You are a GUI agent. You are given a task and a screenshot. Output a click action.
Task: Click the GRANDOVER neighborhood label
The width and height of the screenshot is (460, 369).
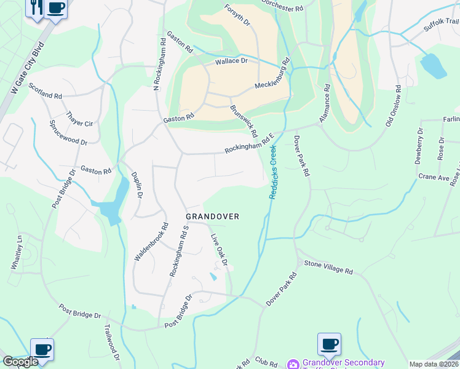click(212, 216)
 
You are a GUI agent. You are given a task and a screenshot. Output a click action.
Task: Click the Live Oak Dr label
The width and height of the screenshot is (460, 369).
click(220, 249)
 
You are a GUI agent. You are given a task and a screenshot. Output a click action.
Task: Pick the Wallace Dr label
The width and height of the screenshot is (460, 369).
click(231, 61)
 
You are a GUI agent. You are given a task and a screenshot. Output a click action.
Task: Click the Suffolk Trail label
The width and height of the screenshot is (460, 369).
click(441, 25)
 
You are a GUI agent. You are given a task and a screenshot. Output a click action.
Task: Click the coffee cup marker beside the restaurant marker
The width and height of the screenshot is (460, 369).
click(56, 9)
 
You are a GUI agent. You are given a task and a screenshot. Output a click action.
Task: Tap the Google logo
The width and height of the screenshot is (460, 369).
click(20, 362)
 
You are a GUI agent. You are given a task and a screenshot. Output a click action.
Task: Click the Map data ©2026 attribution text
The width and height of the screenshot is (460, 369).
click(434, 364)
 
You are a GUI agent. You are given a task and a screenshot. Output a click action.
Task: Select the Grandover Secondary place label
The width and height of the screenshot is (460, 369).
click(343, 363)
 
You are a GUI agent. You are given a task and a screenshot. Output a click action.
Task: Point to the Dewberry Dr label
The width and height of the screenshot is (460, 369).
click(419, 146)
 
